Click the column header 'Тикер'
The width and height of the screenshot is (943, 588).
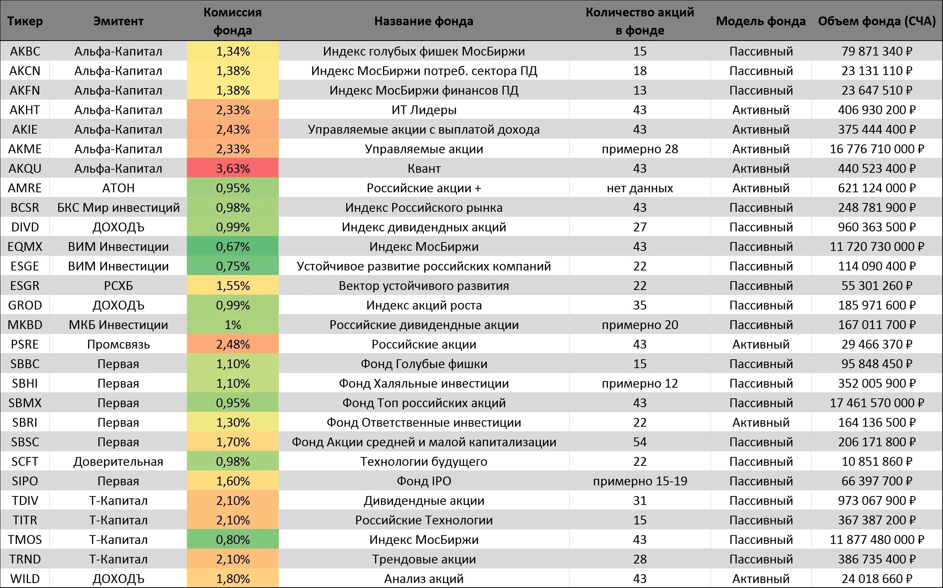pos(25,21)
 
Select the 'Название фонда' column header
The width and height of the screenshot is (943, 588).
pos(424,21)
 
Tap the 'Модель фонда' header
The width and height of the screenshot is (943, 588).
pos(761,21)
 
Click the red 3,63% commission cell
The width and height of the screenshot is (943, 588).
pos(232,169)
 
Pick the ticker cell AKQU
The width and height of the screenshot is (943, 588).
pos(25,169)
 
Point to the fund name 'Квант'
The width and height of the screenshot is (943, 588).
pos(424,169)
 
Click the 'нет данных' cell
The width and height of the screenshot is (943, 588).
pos(640,188)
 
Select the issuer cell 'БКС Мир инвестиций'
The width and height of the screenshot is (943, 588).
pos(118,208)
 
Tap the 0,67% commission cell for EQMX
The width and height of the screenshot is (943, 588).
pos(232,247)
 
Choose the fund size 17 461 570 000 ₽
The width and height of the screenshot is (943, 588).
pos(877,403)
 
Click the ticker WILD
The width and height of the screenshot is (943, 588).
pos(25,579)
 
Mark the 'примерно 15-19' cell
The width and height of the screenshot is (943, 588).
pos(640,481)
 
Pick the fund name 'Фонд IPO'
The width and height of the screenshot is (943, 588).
pos(424,481)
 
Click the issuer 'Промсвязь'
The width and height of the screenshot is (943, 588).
pos(118,344)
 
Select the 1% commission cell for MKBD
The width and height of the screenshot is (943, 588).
pos(232,325)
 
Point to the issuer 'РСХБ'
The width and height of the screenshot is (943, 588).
pos(118,286)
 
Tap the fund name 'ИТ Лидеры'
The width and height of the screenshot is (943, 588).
pos(424,110)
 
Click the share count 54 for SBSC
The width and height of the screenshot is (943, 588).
pos(640,442)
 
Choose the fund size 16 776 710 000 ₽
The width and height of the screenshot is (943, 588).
pos(877,149)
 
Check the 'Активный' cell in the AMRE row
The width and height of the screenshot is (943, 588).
pos(761,188)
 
